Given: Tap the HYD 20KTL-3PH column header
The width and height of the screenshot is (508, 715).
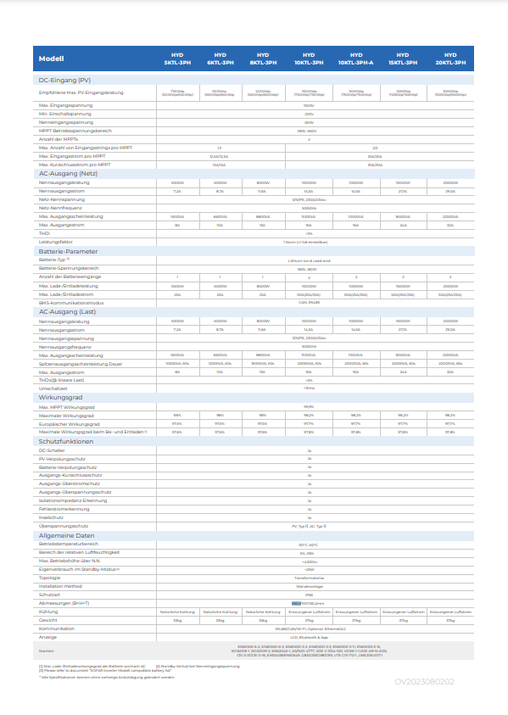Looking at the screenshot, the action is point(450,59).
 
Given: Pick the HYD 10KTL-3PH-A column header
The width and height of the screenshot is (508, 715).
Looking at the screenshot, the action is point(355,59).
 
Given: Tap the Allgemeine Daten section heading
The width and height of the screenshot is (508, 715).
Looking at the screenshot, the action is point(67,536).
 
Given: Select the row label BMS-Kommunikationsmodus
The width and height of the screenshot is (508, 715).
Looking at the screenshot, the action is point(71,302).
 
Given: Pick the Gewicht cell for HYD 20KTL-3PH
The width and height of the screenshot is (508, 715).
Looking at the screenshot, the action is point(450,620).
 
